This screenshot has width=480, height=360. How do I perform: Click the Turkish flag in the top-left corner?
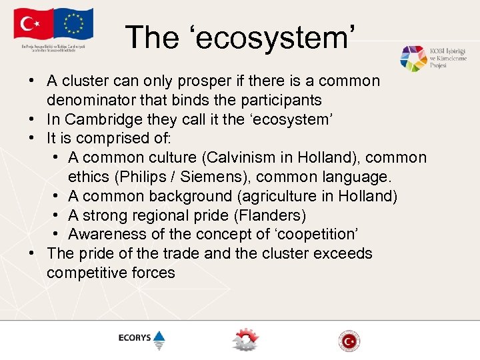click(x=31, y=26)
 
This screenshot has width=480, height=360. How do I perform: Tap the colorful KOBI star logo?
click(x=413, y=59)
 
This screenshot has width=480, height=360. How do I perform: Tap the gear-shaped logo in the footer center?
click(x=245, y=339)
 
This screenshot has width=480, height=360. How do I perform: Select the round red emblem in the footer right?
click(x=349, y=340)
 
